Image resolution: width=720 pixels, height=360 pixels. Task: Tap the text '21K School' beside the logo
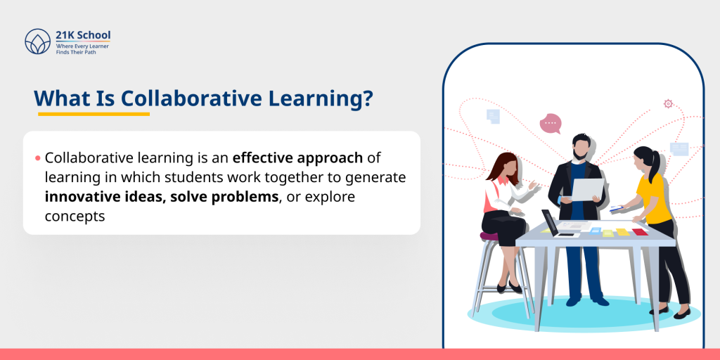tap(83, 35)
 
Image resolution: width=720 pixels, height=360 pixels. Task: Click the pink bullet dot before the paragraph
tap(37, 158)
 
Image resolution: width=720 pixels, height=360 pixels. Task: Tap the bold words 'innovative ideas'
tap(103, 197)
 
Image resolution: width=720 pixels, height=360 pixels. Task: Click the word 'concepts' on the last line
tap(75, 217)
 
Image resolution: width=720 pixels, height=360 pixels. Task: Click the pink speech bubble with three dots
tap(550, 124)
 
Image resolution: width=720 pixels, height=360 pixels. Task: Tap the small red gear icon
tap(668, 103)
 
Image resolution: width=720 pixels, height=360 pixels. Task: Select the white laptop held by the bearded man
tap(587, 189)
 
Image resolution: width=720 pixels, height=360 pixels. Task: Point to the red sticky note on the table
tap(639, 232)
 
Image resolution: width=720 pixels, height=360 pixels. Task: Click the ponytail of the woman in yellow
tap(657, 168)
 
